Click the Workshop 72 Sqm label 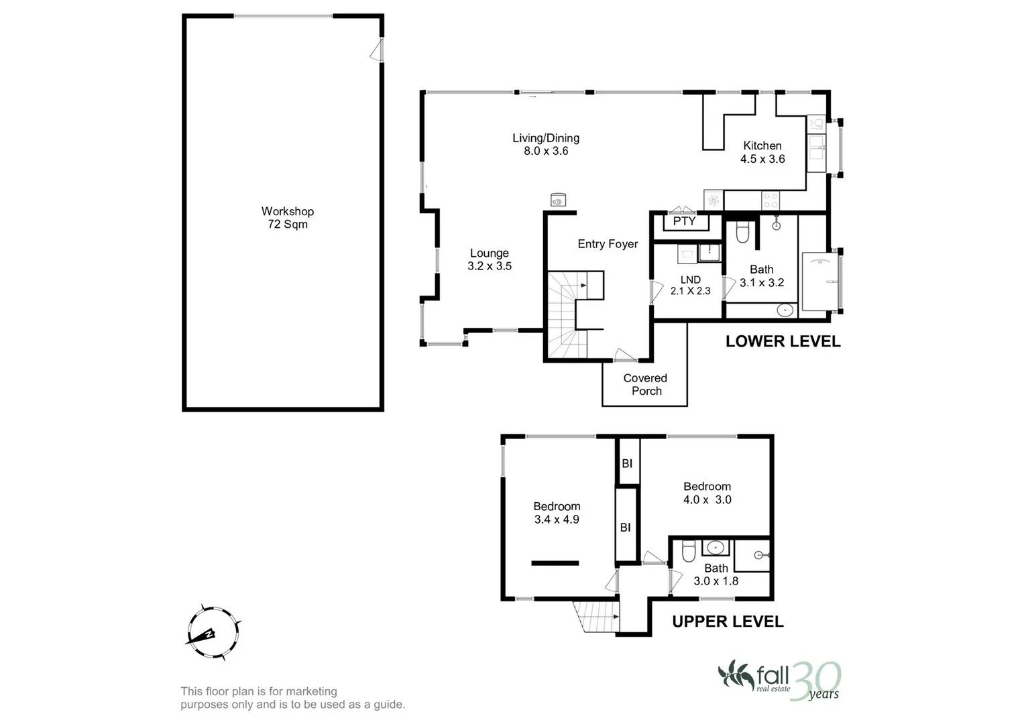pyautogui.click(x=287, y=218)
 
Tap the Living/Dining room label pyautogui.click(x=545, y=144)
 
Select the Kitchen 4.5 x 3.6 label pyautogui.click(x=762, y=152)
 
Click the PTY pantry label pyautogui.click(x=684, y=221)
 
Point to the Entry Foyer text pyautogui.click(x=608, y=244)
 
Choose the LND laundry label pyautogui.click(x=690, y=285)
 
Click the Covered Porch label pyautogui.click(x=645, y=385)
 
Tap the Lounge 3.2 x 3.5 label pyautogui.click(x=489, y=259)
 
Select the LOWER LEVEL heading pyautogui.click(x=783, y=341)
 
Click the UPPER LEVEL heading pyautogui.click(x=728, y=621)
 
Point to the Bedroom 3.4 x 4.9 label pyautogui.click(x=557, y=513)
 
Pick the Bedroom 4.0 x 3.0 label pyautogui.click(x=707, y=493)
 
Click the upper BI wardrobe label pyautogui.click(x=627, y=463)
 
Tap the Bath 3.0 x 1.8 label pyautogui.click(x=716, y=575)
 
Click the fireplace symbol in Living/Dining pyautogui.click(x=557, y=199)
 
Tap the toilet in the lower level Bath pyautogui.click(x=742, y=233)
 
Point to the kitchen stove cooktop pyautogui.click(x=771, y=200)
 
